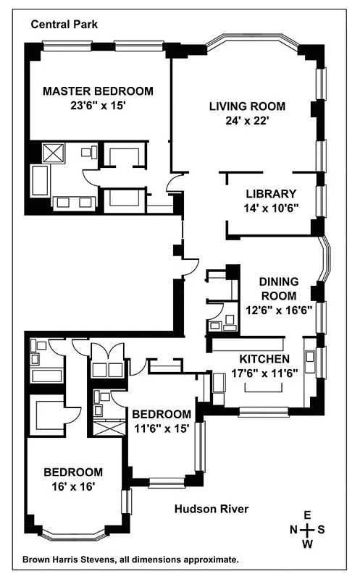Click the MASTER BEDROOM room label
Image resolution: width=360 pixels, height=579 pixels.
[x=99, y=91]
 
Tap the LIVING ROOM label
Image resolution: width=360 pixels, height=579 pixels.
[x=247, y=106]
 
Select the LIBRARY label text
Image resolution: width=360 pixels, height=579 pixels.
[x=271, y=194]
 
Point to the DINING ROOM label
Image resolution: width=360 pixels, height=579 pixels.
[x=278, y=289]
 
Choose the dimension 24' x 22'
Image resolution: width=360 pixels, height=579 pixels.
[x=247, y=121]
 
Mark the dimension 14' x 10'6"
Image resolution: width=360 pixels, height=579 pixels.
[x=271, y=208]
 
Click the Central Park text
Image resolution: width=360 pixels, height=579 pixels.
[x=64, y=25]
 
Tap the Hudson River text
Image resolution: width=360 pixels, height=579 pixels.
[x=212, y=510]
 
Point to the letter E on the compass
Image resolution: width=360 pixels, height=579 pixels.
[x=307, y=515]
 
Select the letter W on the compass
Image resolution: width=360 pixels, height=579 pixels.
[x=307, y=544]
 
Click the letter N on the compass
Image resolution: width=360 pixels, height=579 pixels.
[x=294, y=530]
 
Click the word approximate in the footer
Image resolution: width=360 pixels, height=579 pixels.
[x=213, y=559]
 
